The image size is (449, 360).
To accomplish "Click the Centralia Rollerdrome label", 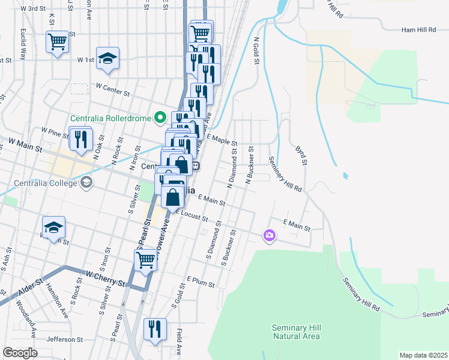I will (111, 117).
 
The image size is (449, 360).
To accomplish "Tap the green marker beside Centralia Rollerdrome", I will (160, 117).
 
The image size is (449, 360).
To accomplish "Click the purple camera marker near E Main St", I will (269, 235).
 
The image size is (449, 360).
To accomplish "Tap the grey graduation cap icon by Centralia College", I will (86, 182).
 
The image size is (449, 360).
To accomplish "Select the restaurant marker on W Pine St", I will (80, 139).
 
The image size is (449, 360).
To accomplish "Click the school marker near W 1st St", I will (108, 58).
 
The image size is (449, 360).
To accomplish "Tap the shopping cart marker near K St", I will (58, 42).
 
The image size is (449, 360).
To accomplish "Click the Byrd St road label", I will (301, 154).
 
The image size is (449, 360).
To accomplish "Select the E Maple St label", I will (221, 140).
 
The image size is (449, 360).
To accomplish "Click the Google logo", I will (19, 353).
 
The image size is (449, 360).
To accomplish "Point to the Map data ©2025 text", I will (423, 355).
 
